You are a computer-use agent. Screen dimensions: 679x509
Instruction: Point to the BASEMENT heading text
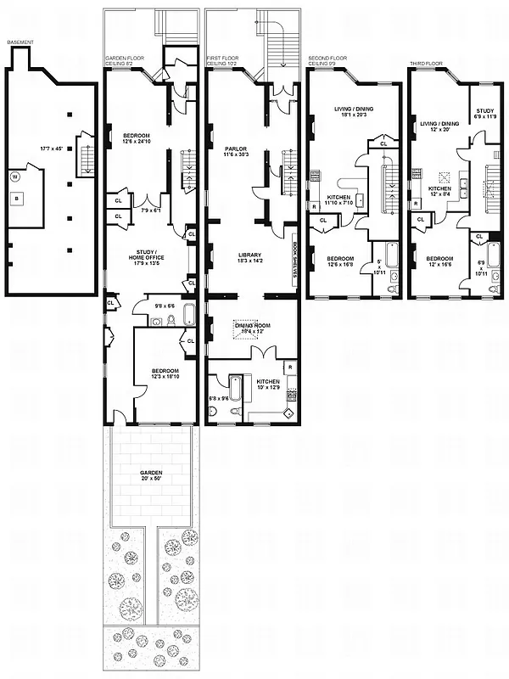20,42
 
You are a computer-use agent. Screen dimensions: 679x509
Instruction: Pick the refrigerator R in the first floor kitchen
291,367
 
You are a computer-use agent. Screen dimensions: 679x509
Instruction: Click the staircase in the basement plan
84,153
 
